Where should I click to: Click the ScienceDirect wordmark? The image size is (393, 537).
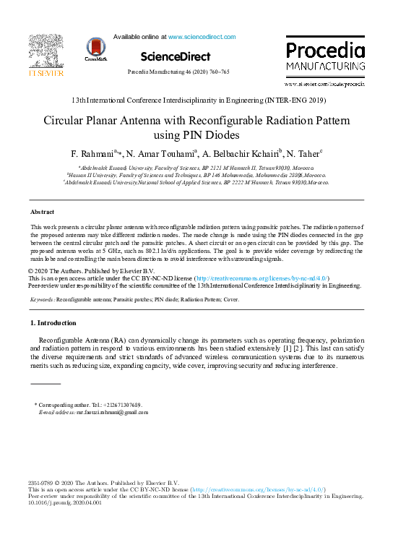click(176, 56)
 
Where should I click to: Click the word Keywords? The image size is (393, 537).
click(42, 298)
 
